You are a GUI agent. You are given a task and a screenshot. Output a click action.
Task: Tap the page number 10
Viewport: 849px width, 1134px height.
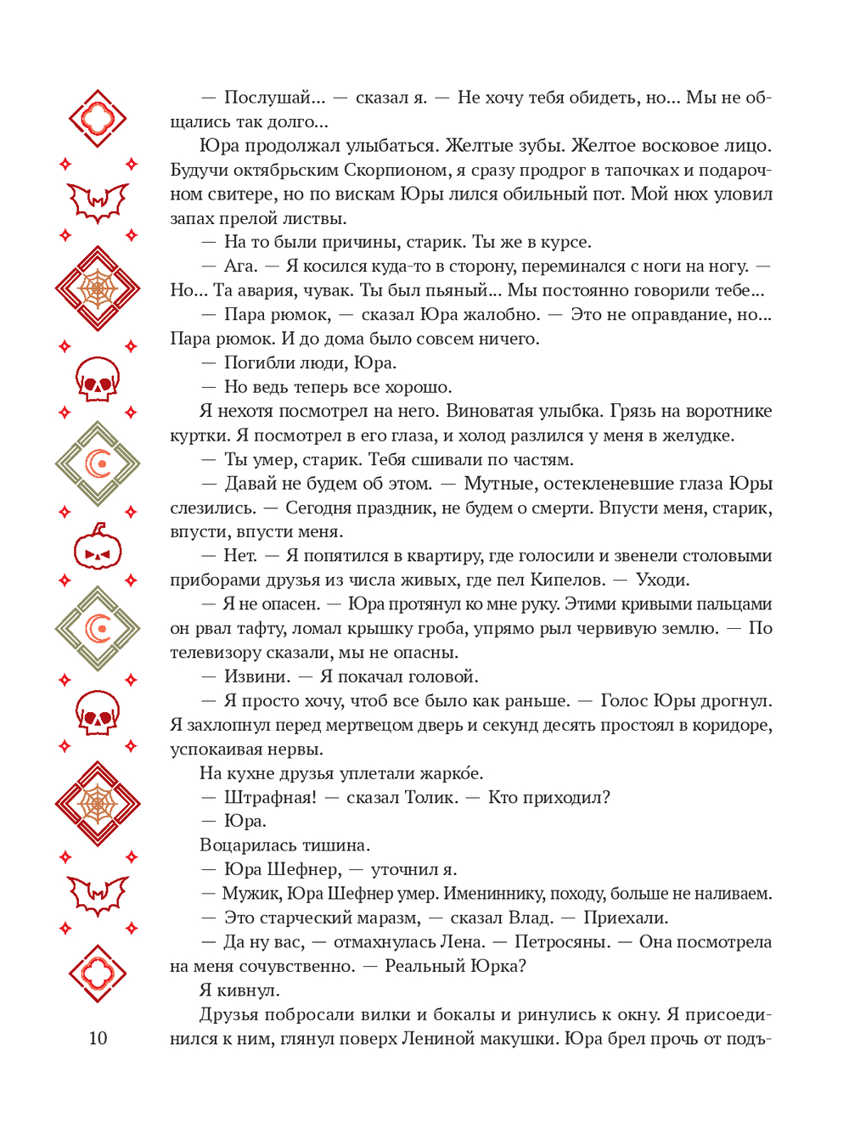98,1037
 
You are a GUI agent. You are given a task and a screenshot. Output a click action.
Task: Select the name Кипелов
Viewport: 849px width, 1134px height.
567,580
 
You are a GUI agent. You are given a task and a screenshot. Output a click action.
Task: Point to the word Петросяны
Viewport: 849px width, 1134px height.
562,941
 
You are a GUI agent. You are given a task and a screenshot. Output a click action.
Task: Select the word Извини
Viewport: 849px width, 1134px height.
256,676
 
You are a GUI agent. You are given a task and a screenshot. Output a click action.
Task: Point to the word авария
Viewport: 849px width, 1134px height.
272,290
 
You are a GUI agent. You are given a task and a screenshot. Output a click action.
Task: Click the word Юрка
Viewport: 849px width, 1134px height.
499,966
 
